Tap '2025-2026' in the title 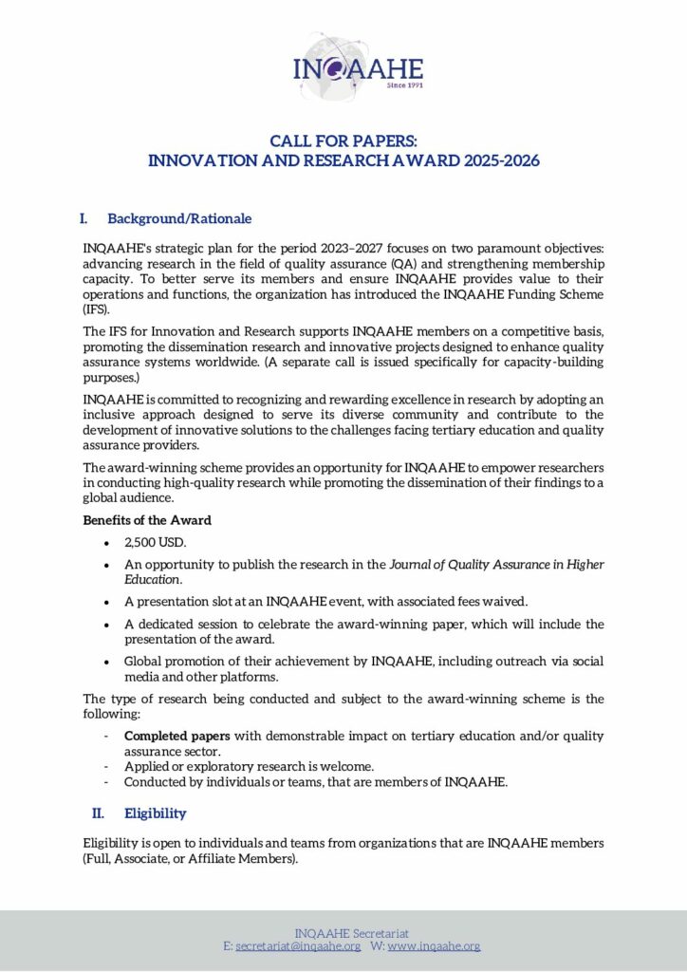502,160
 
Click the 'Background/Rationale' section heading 179,218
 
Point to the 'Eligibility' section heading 156,813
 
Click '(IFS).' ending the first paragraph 97,308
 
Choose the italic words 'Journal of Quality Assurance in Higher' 497,564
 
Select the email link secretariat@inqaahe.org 298,946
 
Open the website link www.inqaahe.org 434,946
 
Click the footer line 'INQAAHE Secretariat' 352,933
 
